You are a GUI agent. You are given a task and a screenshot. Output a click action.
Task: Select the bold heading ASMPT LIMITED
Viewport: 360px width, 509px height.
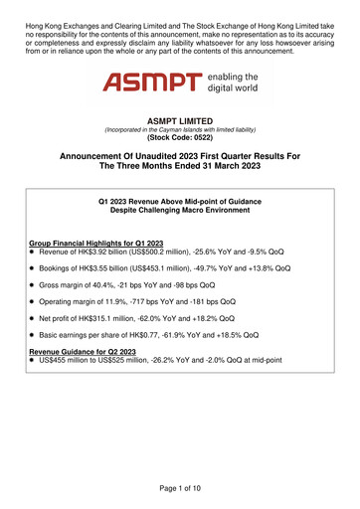tap(179, 121)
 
